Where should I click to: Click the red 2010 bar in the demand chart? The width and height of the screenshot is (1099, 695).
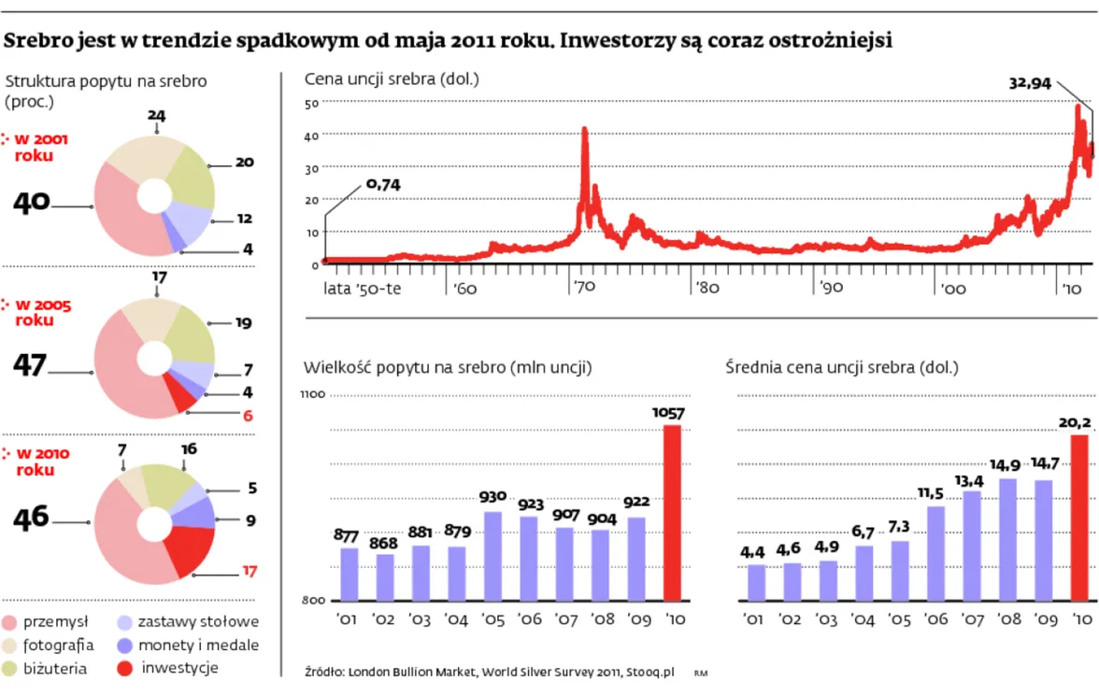(x=672, y=513)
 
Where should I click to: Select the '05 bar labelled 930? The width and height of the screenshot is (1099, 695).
(x=492, y=556)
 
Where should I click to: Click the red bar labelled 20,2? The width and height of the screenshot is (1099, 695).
(x=1079, y=518)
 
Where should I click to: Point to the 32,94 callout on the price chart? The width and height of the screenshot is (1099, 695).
(x=1030, y=83)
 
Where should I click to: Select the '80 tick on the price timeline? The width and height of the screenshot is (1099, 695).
(x=707, y=288)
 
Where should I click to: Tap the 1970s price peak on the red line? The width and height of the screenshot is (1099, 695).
(x=585, y=131)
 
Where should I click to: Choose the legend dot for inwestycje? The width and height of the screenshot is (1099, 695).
(x=126, y=668)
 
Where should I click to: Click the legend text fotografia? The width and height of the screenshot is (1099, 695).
(x=58, y=645)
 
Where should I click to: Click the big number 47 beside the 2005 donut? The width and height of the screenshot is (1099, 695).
(x=30, y=365)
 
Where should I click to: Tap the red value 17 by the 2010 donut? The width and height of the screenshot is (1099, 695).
(x=249, y=571)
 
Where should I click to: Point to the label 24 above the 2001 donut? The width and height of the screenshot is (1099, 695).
(x=156, y=115)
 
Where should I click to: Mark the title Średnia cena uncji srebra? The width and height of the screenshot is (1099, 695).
(x=841, y=368)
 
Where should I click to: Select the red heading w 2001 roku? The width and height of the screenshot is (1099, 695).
(x=41, y=147)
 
